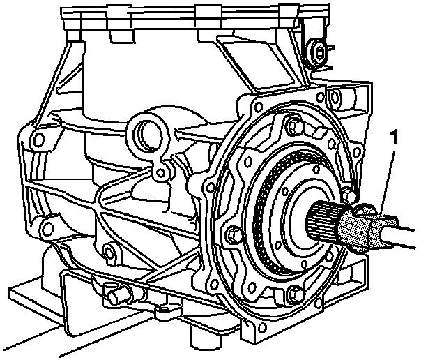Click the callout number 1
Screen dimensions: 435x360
click(x=393, y=138)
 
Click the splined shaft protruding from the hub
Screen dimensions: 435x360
click(x=323, y=221)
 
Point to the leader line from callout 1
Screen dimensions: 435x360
click(x=387, y=184)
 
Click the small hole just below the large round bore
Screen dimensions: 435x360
click(x=160, y=173)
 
